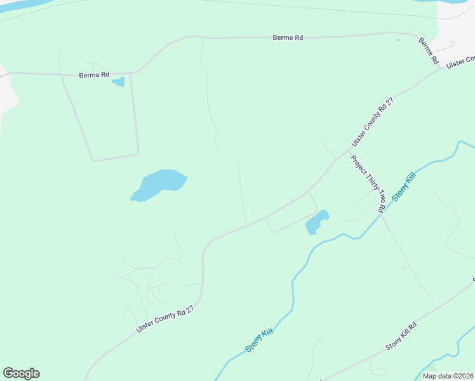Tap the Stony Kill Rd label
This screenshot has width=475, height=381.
401,337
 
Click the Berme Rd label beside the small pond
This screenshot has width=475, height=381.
94,75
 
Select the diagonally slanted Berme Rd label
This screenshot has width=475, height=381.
429,50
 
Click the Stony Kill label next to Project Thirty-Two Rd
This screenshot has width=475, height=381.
403,187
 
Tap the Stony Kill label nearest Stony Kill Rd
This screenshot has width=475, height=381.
258,341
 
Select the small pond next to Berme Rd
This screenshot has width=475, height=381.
118,82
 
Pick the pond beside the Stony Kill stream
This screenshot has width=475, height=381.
316,222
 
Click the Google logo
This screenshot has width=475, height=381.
21,373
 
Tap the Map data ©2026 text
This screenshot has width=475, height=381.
447,376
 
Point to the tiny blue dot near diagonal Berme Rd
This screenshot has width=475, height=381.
398,41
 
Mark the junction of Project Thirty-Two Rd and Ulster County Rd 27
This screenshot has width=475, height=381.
348,152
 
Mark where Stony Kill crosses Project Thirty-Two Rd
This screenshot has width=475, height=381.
382,214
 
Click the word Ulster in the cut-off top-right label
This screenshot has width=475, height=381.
455,64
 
